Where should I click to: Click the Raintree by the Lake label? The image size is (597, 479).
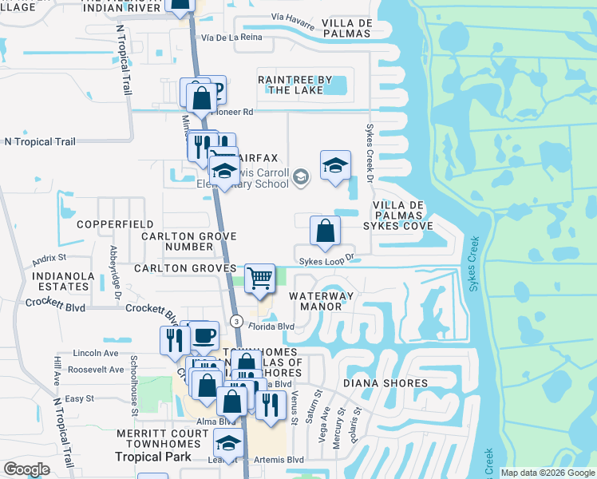click(x=295, y=85)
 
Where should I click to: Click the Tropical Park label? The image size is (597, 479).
click(x=153, y=457)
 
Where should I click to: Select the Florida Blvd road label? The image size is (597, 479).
click(x=271, y=327)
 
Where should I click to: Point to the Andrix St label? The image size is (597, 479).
click(x=49, y=259)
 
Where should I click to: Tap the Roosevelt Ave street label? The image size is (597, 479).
click(x=97, y=370)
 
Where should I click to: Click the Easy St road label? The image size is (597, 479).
click(x=80, y=398)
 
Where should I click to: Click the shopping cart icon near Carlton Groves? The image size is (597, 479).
click(x=259, y=279)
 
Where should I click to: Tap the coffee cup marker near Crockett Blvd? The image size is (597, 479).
click(x=204, y=335)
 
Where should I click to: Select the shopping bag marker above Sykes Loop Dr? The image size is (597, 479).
click(x=325, y=232)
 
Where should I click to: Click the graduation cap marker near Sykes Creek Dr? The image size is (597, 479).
click(x=335, y=166)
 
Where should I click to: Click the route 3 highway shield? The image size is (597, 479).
click(x=236, y=320)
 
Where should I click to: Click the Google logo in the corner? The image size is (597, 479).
click(x=26, y=469)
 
